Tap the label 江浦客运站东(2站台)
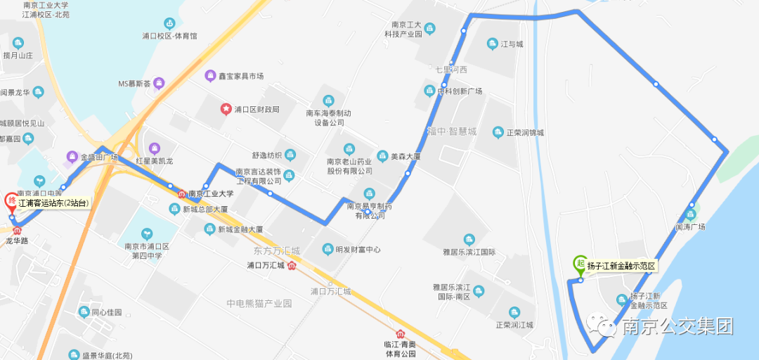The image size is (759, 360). (x=54, y=203)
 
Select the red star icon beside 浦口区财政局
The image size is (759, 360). (x=226, y=109)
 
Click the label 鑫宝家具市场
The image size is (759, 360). (x=240, y=76)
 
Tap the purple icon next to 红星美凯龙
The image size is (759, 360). (x=155, y=148)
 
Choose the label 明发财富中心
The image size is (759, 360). (x=358, y=250)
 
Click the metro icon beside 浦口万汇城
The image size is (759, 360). (x=292, y=266)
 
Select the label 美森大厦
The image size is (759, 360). (x=406, y=157)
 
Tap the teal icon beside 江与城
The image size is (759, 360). (x=492, y=44)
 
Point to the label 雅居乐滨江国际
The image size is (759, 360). (x=469, y=252)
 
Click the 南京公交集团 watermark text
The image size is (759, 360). (x=677, y=326)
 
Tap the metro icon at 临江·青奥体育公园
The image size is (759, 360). (x=401, y=333)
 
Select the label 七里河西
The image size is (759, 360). (x=451, y=70)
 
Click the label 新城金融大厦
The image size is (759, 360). (x=240, y=229)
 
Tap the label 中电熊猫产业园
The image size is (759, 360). (x=259, y=304)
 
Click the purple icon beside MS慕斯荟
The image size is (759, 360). (x=159, y=83)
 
